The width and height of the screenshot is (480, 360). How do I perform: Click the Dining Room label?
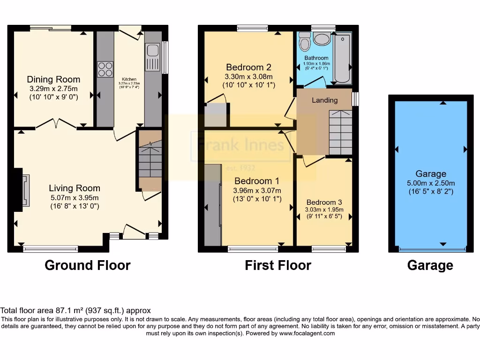point(53,79)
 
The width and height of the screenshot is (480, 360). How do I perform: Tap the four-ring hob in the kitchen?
point(105,69)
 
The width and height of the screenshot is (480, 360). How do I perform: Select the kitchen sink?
point(152,55)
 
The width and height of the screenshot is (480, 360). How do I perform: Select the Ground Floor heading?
point(88,265)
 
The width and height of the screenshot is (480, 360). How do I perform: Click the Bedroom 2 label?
point(248,67)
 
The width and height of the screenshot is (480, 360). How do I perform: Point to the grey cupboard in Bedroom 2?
point(216,115)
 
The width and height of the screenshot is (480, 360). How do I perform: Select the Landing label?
point(324,100)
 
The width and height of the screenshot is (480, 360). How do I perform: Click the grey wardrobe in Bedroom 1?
point(213,204)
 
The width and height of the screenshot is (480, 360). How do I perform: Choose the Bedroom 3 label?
point(323,202)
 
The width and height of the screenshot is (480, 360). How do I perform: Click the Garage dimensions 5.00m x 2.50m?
point(431,183)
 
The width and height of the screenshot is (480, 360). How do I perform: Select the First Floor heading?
point(278,265)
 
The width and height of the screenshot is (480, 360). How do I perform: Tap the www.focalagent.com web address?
point(307,333)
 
